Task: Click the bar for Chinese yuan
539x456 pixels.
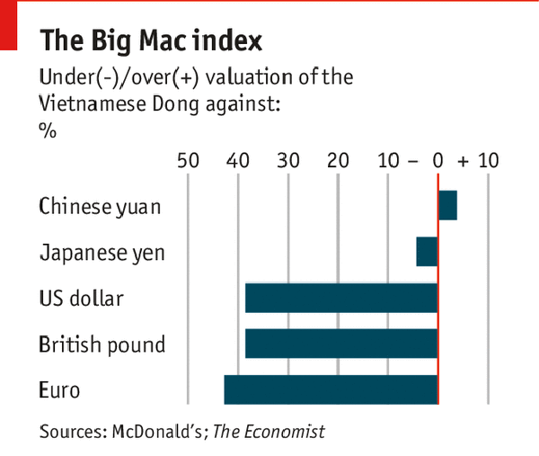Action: coord(447,205)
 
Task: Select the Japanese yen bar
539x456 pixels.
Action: coord(427,252)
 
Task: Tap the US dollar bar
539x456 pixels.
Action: coord(341,298)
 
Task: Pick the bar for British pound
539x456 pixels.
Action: coord(341,344)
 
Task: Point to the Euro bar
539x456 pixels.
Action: coord(331,390)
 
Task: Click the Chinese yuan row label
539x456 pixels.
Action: coord(100,207)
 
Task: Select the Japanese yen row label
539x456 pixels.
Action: coord(102,253)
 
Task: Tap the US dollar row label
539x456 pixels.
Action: coord(81,298)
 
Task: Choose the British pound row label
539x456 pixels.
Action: coord(102,344)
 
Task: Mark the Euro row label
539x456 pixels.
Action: coord(59,391)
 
